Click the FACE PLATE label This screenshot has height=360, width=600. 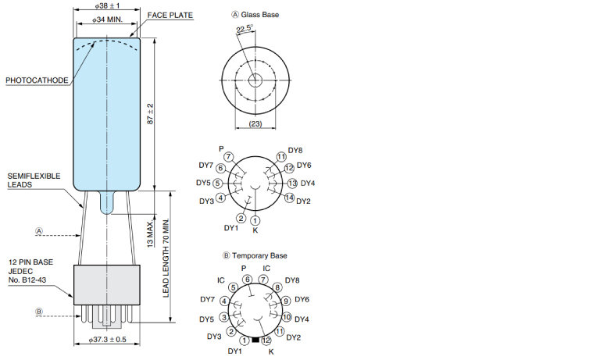click(170, 15)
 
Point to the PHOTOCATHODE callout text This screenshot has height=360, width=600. click(37, 80)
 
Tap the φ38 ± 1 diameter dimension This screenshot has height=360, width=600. click(107, 5)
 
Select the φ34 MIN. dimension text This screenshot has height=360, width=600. click(107, 20)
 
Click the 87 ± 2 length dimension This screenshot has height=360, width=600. click(150, 114)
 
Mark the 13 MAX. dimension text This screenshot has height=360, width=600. click(151, 233)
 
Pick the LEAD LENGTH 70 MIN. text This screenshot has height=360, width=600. click(166, 258)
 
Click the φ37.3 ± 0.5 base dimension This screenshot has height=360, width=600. click(107, 340)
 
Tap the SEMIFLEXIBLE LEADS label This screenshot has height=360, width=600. click(34, 180)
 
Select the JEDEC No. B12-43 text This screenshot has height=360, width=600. click(27, 276)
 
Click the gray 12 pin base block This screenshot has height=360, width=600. click(107, 284)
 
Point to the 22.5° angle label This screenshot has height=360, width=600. click(245, 29)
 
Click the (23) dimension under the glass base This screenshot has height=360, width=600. click(255, 123)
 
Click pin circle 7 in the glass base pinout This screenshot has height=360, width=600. click(228, 157)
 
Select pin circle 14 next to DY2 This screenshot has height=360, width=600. click(289, 198)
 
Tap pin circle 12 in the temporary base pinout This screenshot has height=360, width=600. click(266, 340)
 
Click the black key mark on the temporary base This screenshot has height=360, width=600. click(255, 340)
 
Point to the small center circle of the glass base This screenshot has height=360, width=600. click(255, 80)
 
